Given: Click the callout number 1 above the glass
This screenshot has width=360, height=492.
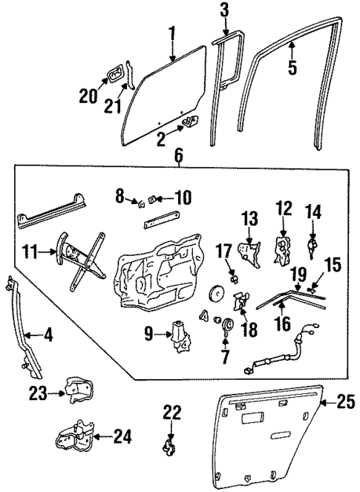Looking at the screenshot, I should [x=171, y=33].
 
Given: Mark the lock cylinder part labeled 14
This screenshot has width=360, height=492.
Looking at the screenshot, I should [x=313, y=243].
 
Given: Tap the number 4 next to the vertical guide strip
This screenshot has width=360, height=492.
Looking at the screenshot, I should [x=48, y=335].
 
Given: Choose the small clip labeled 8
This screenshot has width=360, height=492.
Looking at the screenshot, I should [x=137, y=202].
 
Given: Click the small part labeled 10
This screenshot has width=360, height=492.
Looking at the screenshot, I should [x=154, y=198].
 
